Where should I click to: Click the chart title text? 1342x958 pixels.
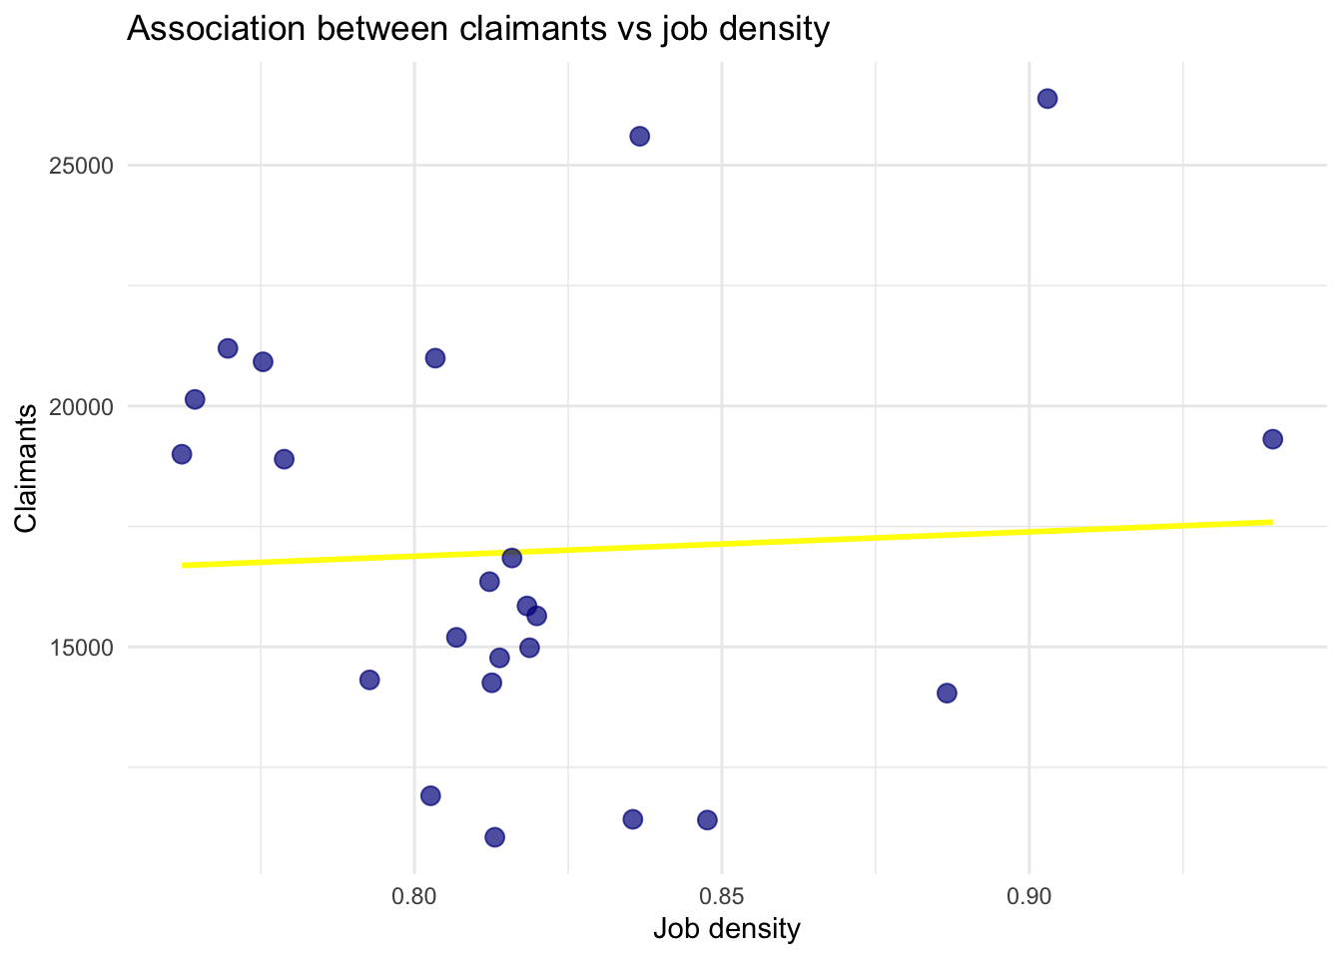point(478,30)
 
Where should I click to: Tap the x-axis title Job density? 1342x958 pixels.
point(727,929)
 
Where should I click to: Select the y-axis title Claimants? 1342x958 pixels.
point(27,468)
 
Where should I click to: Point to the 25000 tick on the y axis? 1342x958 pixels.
point(81,166)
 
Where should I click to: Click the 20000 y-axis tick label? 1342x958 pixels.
point(81,406)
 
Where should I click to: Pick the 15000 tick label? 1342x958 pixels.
point(81,648)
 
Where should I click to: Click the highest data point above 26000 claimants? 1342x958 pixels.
point(1047,99)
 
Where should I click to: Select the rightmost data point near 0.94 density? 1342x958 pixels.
point(1272,439)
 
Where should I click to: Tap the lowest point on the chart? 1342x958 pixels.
point(494,837)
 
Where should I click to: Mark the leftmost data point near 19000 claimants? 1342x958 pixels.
point(182,454)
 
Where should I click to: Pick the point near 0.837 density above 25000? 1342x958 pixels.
point(640,136)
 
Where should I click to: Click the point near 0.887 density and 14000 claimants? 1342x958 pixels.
point(947,693)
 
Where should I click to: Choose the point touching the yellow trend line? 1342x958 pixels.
point(512,558)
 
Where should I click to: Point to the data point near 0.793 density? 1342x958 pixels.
point(369,680)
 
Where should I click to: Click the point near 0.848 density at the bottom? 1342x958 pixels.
point(707,820)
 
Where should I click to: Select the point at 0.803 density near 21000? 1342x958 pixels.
point(435,358)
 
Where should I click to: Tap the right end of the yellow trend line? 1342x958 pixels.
point(1271,522)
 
